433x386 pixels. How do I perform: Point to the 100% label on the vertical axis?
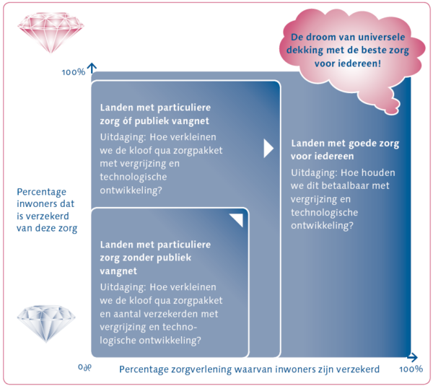click(73, 72)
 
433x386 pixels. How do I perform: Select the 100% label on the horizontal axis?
click(410, 369)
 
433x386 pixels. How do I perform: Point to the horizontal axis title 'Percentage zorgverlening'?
click(249, 369)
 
